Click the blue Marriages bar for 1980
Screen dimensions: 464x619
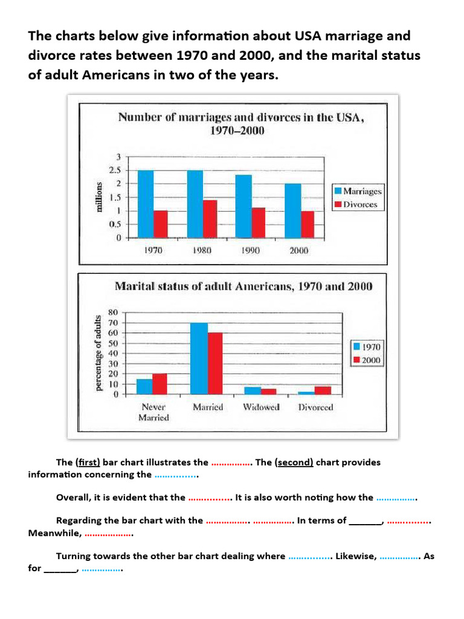click(x=195, y=204)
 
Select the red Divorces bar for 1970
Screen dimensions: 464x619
click(x=161, y=224)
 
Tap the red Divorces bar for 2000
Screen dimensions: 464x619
click(x=308, y=225)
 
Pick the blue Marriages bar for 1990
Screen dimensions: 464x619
click(x=243, y=207)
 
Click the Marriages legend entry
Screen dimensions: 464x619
click(x=358, y=191)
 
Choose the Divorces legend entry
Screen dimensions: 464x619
click(x=356, y=204)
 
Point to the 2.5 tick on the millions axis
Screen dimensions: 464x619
click(x=115, y=170)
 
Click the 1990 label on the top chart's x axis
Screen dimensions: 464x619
click(x=250, y=250)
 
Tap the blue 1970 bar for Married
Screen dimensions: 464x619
click(x=199, y=358)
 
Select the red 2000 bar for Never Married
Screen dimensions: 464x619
click(x=159, y=384)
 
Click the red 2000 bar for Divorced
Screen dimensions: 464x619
click(x=323, y=391)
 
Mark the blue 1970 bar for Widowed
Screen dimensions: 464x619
click(x=253, y=391)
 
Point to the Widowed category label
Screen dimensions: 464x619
click(x=261, y=407)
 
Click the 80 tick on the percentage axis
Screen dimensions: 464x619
click(x=113, y=313)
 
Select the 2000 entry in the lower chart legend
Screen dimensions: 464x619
click(x=367, y=360)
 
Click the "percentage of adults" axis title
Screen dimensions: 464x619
click(x=98, y=353)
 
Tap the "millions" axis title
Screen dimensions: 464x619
click(x=99, y=197)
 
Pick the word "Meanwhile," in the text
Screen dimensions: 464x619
click(x=55, y=533)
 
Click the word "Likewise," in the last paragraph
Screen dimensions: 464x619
click(x=356, y=556)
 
